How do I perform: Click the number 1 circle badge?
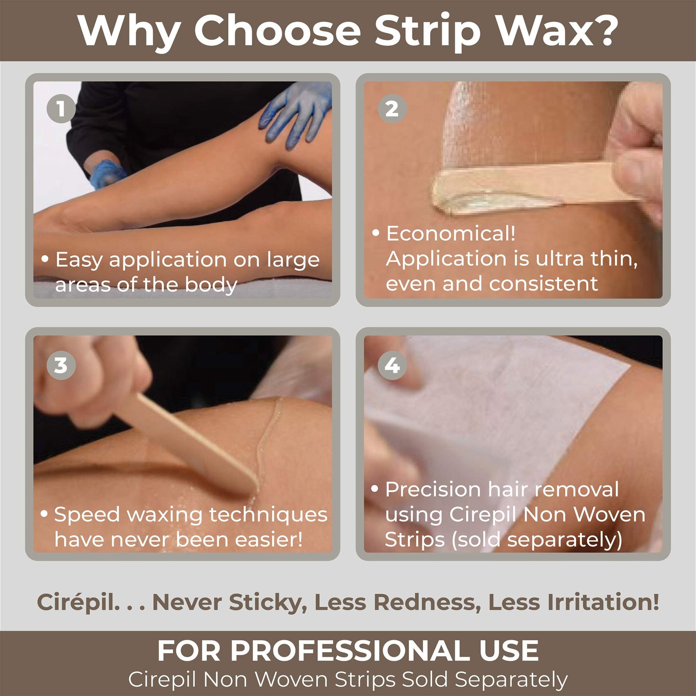click(61, 108)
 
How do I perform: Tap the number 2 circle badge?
click(392, 108)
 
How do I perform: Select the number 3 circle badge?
click(61, 365)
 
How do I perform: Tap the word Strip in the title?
click(427, 33)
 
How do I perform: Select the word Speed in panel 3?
click(87, 515)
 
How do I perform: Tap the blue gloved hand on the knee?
click(296, 115)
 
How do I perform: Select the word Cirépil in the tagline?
click(78, 603)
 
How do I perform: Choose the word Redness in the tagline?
click(427, 603)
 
